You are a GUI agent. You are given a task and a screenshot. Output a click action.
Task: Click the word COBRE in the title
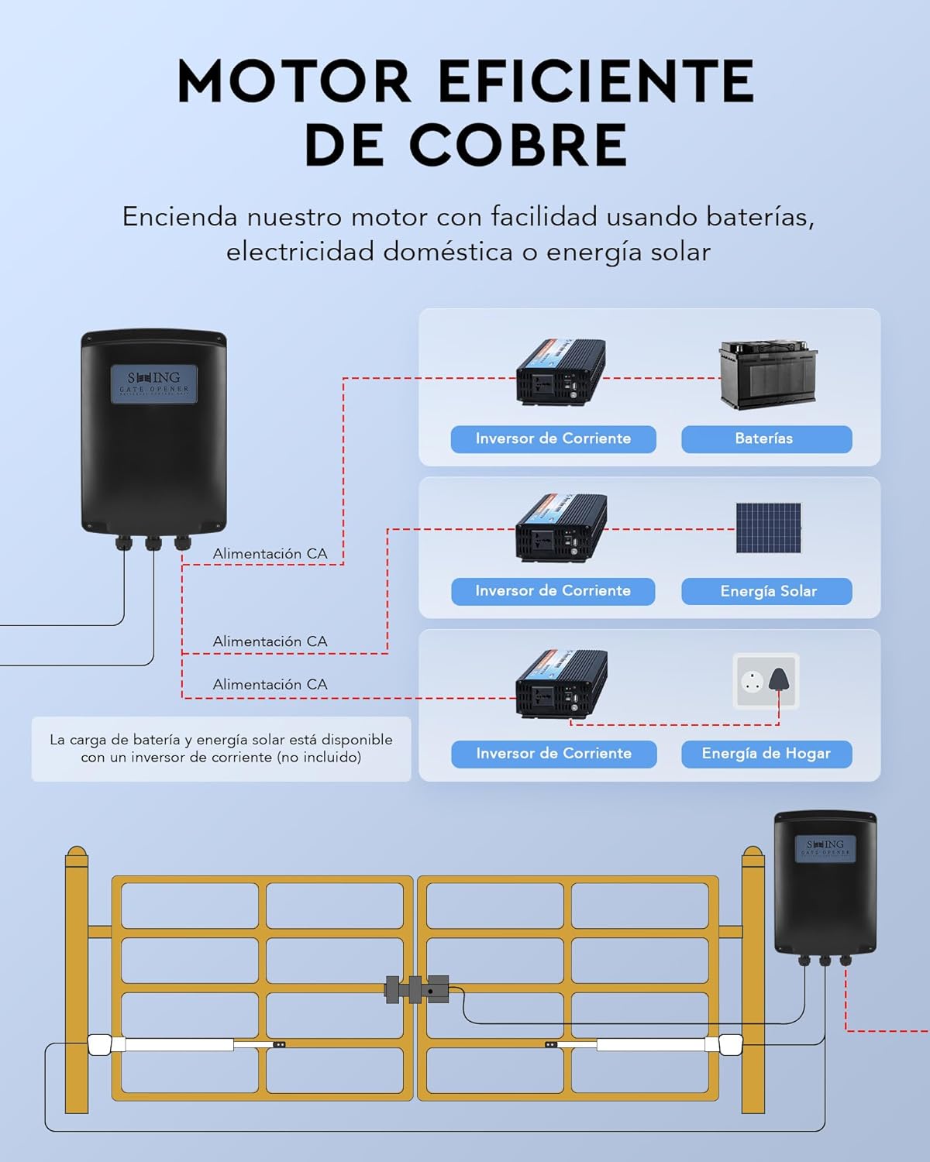click(x=517, y=145)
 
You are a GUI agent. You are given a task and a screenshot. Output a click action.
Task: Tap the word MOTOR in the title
click(x=294, y=82)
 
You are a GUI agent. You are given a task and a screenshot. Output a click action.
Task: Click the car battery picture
click(x=768, y=375)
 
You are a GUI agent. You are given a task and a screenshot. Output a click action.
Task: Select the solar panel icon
click(x=768, y=528)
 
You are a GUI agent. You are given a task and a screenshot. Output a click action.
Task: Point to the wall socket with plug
click(x=766, y=681)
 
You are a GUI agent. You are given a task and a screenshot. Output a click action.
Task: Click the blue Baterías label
click(x=766, y=438)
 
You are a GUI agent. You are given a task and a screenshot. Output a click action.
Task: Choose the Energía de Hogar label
click(x=766, y=754)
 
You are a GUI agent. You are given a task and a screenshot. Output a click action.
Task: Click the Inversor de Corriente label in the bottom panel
click(x=553, y=754)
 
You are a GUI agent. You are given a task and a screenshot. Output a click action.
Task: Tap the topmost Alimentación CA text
click(x=270, y=554)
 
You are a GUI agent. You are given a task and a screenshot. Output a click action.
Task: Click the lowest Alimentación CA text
click(x=270, y=685)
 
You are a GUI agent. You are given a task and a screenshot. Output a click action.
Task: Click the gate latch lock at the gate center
click(x=417, y=989)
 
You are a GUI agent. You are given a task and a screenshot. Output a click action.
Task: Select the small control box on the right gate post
click(x=825, y=883)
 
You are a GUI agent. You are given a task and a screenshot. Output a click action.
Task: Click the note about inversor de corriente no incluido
click(x=221, y=748)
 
